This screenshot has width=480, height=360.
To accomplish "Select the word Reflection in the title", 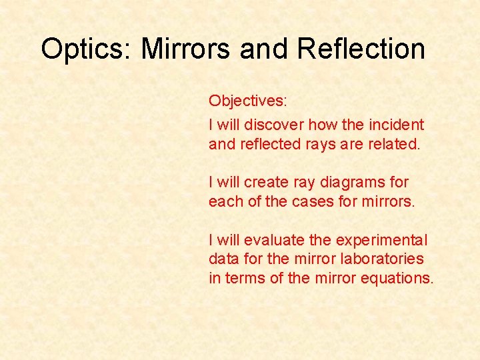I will [x=361, y=49].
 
